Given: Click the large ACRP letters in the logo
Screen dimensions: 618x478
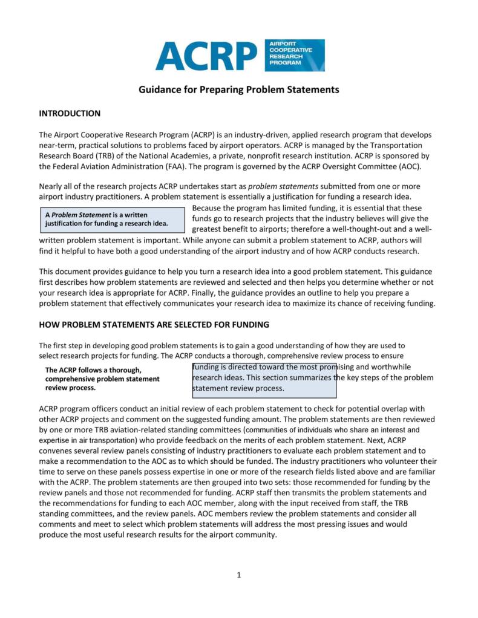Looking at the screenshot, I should click(x=206, y=56).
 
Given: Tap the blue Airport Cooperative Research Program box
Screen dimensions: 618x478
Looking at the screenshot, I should click(x=295, y=56).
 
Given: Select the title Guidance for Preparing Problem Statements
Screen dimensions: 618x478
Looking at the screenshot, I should click(x=239, y=90).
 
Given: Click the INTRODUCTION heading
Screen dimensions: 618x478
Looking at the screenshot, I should click(x=70, y=114).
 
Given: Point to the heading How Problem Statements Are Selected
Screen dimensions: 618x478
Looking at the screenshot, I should click(x=154, y=325).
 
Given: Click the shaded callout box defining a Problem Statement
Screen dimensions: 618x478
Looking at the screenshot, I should click(x=112, y=220).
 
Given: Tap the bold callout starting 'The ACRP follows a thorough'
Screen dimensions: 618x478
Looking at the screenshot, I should click(x=103, y=379).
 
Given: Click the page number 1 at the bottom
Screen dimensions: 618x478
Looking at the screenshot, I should click(x=239, y=574).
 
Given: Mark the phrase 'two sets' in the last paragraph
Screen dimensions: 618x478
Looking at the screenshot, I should click(x=263, y=482).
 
